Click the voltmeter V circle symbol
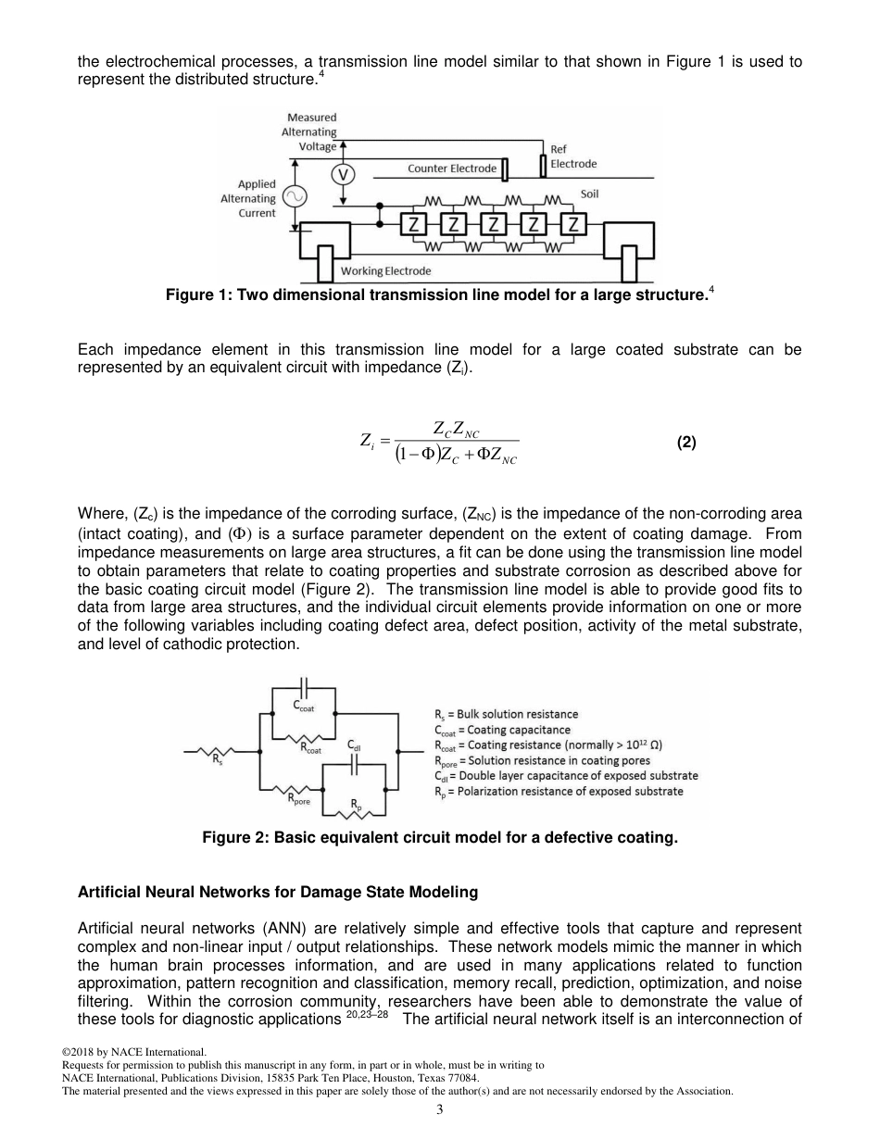pos(343,174)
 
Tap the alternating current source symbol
pos(295,197)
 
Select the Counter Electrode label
pos(452,169)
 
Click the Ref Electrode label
pos(573,156)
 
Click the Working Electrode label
pos(385,271)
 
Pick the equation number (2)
pos(685,443)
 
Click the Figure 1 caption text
pos(439,295)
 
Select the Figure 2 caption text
pos(440,838)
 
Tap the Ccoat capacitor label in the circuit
pos(304,707)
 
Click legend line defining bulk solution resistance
pos(506,714)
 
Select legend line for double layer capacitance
pos(566,775)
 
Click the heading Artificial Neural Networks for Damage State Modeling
pos(278,893)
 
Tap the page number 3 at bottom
pos(439,1110)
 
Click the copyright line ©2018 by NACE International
pos(133,1052)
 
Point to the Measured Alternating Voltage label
pos(310,131)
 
